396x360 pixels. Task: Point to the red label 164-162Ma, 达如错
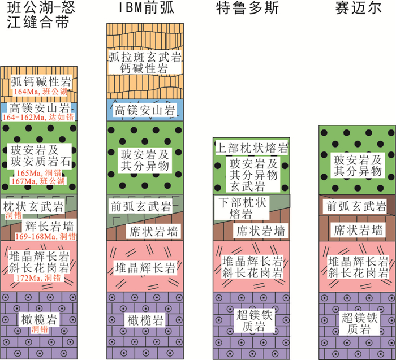point(38,116)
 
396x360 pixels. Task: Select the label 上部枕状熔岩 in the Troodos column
point(252,148)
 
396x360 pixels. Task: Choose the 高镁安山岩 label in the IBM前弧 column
point(141,109)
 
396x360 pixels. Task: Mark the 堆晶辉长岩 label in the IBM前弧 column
point(141,267)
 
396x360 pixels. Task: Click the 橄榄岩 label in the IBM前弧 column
point(141,320)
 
